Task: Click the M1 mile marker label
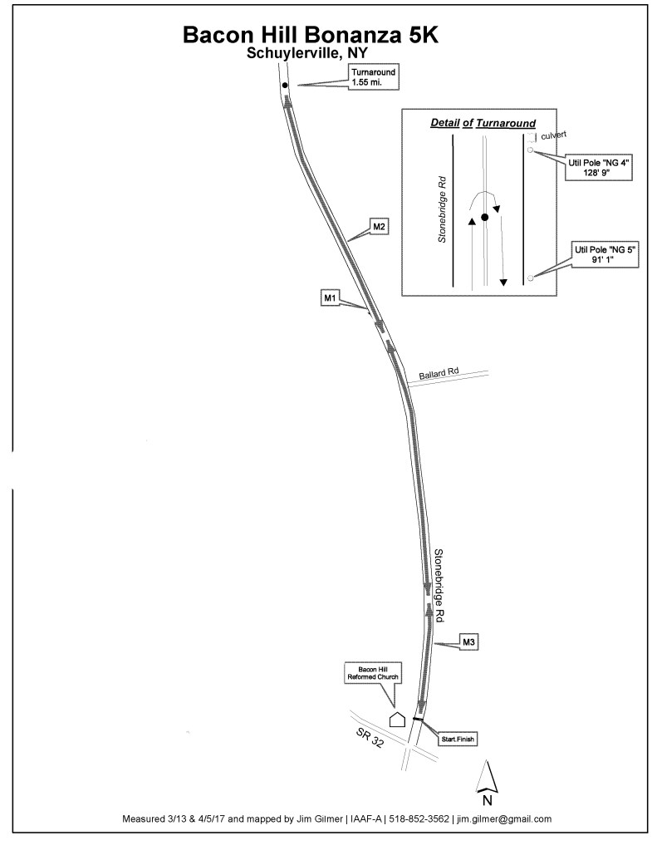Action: [329, 297]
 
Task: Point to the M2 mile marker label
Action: [380, 226]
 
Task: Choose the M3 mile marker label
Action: [469, 641]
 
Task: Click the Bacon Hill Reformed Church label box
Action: [373, 673]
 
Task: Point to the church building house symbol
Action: [398, 719]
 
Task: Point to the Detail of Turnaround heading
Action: [483, 123]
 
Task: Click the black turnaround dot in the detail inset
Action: [484, 217]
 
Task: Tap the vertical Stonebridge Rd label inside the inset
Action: [443, 208]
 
